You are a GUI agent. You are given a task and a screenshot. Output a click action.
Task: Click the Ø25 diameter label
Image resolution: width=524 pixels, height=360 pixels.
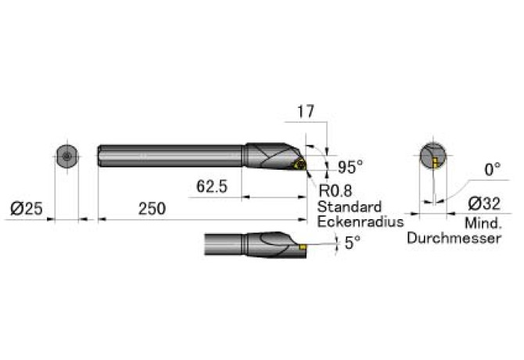pos(27,209)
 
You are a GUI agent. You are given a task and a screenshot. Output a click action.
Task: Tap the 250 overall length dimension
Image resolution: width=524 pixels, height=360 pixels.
pos(152,209)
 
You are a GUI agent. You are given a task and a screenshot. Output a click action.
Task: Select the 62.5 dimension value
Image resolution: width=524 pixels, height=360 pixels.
pos(212,186)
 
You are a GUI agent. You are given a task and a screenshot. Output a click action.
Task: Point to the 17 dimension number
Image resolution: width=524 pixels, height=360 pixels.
pos(306,112)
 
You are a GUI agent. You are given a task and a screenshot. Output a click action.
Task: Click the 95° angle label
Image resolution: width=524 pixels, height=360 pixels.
pos(350,167)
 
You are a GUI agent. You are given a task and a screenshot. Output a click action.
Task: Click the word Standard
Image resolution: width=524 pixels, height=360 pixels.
pos(350,207)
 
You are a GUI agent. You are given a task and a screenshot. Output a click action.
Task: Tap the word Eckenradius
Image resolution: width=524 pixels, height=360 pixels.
pos(361,221)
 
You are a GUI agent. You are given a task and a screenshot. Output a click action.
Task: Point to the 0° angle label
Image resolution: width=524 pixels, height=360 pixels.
pos(493,170)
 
